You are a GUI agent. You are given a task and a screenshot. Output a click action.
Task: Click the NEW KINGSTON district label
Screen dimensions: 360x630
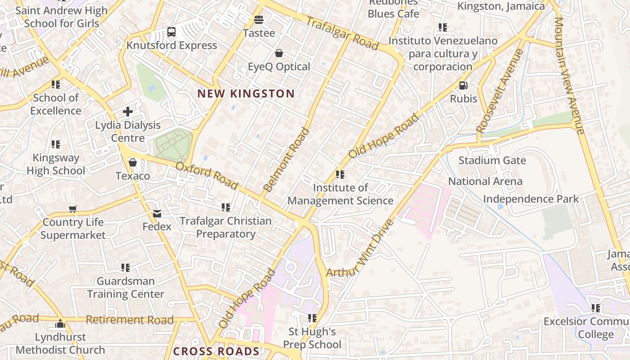[246, 94]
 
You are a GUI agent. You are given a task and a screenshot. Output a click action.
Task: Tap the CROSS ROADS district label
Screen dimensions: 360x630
[216, 351]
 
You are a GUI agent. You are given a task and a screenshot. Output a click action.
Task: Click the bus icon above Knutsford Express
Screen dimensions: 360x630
[171, 32]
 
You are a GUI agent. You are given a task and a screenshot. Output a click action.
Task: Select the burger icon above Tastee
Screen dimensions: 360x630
[259, 20]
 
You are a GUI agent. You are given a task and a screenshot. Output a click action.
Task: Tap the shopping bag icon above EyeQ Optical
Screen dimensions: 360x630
[279, 54]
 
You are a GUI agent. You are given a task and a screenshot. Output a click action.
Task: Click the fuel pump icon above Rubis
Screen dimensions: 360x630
[463, 85]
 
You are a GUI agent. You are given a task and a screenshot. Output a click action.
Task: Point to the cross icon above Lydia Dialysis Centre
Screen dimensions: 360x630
[128, 112]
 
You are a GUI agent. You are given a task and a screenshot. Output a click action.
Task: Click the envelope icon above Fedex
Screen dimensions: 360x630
[157, 214]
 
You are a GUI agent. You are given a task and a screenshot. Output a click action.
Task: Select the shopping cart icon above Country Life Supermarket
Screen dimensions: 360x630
[73, 209]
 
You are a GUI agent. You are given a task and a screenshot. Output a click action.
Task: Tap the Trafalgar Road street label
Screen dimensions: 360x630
[342, 33]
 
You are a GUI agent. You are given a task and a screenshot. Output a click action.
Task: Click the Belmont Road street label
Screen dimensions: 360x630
[286, 160]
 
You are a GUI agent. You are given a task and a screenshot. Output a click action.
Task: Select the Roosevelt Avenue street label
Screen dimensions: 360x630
[500, 90]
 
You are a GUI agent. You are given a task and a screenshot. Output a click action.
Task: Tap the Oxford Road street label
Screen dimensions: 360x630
[207, 175]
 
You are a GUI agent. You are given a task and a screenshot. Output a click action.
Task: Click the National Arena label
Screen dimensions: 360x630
[485, 181]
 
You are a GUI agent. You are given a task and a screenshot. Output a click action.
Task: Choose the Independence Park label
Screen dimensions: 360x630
[531, 199]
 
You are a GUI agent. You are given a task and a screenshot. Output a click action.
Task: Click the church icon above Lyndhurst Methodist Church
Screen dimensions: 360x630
[60, 324]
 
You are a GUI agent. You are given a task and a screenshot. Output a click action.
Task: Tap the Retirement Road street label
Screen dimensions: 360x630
[130, 320]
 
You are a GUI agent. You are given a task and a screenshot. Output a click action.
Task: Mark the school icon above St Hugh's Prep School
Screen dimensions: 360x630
[312, 319]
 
